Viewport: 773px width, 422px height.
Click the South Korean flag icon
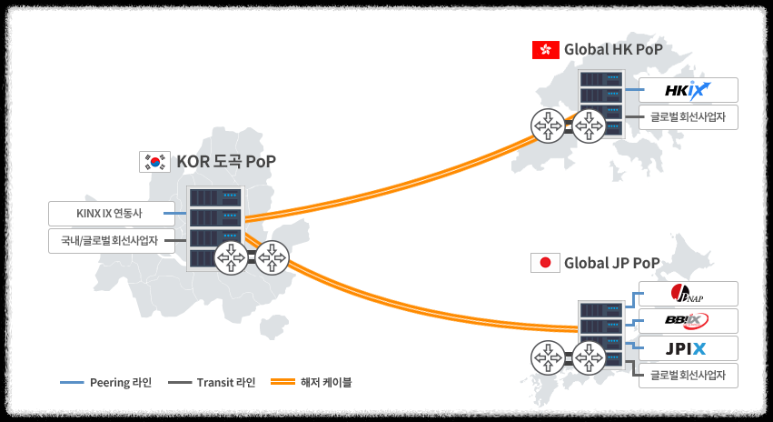click(x=154, y=162)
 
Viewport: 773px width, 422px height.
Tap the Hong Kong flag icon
click(x=544, y=50)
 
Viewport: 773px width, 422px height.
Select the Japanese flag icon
click(x=544, y=264)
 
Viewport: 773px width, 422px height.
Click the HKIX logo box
click(x=688, y=90)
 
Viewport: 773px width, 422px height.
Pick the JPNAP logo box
click(x=688, y=294)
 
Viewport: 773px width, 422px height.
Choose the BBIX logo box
click(x=688, y=320)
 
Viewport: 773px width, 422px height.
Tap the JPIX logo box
click(x=688, y=347)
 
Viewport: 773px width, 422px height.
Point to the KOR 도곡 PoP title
click(x=226, y=162)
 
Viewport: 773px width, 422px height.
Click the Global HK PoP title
click(x=613, y=50)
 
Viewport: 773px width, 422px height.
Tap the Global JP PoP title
click(x=611, y=264)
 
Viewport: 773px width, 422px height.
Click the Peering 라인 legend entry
click(x=106, y=382)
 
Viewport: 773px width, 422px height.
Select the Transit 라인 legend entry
click(x=212, y=382)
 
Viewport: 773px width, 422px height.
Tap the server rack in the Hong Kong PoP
click(x=604, y=103)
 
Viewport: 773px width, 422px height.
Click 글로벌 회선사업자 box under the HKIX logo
click(x=688, y=117)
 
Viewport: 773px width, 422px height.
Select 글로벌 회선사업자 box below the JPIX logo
click(x=688, y=375)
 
